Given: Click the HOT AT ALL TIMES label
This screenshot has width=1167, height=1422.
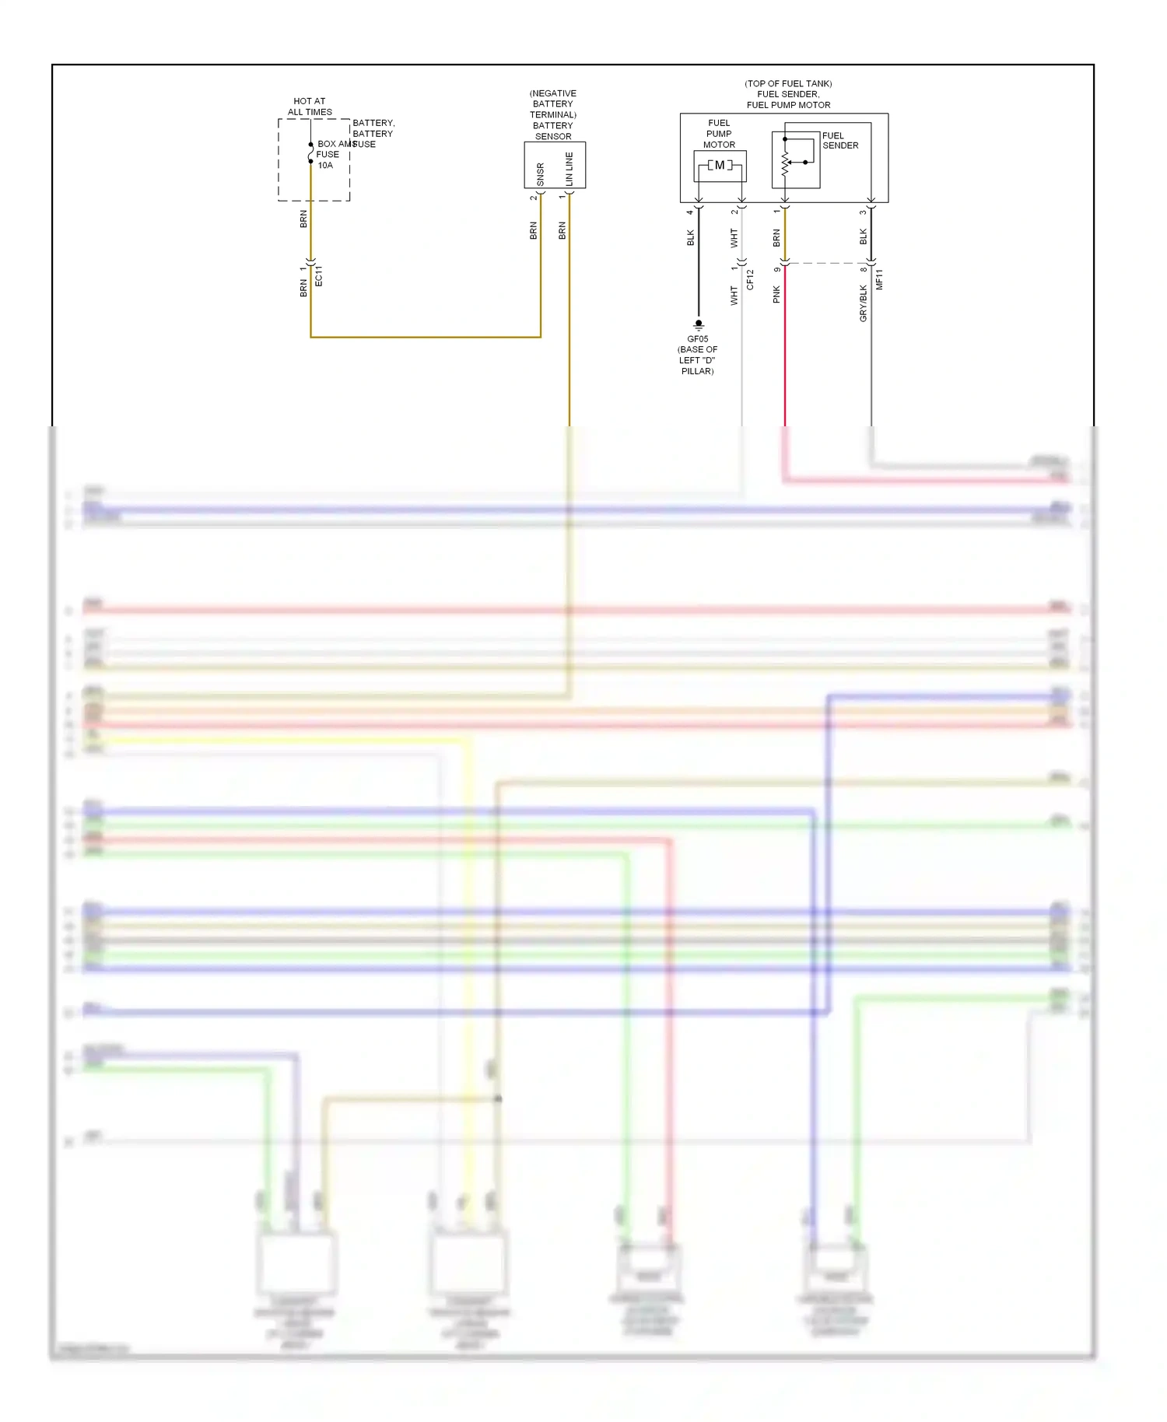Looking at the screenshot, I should click(x=310, y=107).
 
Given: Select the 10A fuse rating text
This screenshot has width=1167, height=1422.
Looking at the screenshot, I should click(x=325, y=166).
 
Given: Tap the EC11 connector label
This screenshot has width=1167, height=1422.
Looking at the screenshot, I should click(x=318, y=276).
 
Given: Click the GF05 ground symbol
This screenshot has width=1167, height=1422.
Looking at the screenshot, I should click(x=699, y=324).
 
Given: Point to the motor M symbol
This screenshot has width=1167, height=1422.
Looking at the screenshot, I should click(x=720, y=166).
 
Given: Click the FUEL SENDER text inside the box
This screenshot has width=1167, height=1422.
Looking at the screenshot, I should click(x=840, y=141).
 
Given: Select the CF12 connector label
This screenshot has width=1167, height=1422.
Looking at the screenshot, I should click(x=750, y=280).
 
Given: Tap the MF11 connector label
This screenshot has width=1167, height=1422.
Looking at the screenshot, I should click(x=879, y=280).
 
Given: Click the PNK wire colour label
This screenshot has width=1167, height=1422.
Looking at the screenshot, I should click(x=776, y=295).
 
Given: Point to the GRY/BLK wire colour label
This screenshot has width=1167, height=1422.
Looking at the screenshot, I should click(x=863, y=303).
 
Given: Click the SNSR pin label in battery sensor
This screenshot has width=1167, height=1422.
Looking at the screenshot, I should click(x=541, y=174).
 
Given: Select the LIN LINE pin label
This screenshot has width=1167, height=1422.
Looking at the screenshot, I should click(x=569, y=169).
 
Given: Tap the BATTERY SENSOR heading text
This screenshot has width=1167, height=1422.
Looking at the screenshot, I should click(x=553, y=131).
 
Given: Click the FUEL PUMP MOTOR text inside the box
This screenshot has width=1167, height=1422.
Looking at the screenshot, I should click(x=719, y=134).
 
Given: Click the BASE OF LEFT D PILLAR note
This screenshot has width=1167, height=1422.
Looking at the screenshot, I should click(x=698, y=360).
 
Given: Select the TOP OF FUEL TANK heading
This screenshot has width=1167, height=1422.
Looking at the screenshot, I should click(x=788, y=83).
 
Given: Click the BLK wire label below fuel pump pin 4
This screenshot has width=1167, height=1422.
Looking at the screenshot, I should click(x=690, y=238).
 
